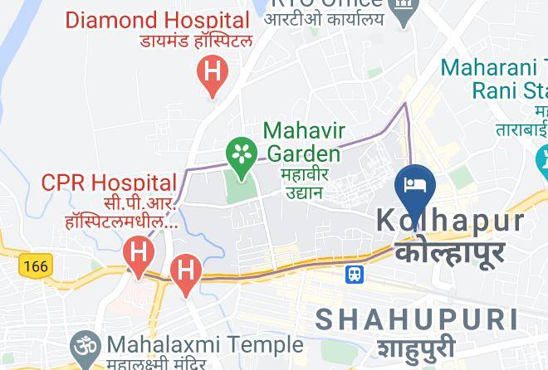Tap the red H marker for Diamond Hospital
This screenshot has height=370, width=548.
click(x=213, y=73)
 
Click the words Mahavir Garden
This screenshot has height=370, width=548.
click(x=303, y=142)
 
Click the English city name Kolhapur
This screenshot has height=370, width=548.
click(x=452, y=221)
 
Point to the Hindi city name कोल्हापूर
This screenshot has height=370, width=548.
click(x=450, y=251)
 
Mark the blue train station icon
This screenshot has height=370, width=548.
click(x=355, y=272)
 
